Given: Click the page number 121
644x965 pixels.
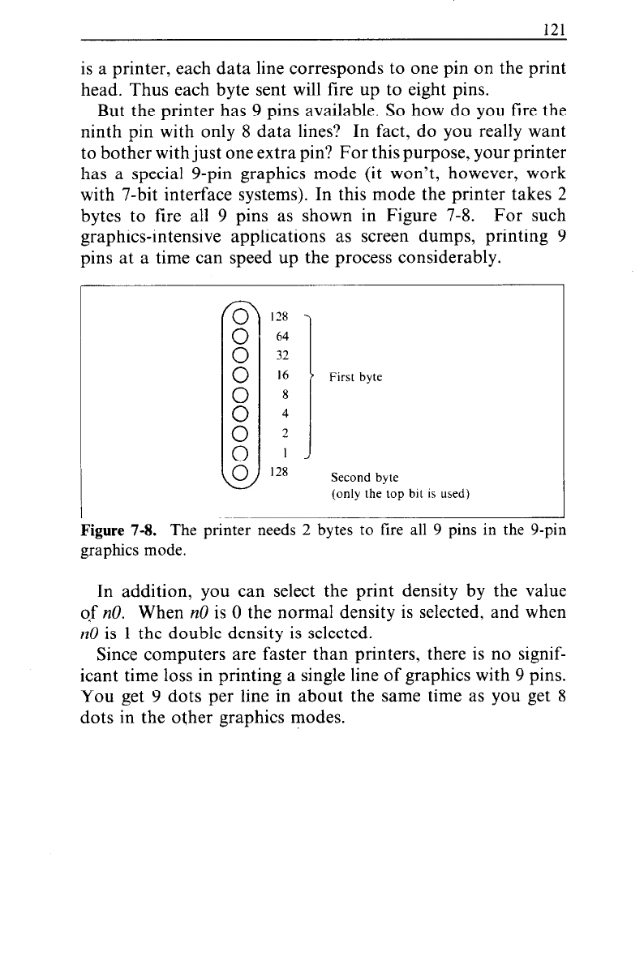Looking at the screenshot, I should pos(553,28).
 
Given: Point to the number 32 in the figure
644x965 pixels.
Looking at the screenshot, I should pos(283,355).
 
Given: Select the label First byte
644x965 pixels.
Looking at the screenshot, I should pos(356,378).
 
